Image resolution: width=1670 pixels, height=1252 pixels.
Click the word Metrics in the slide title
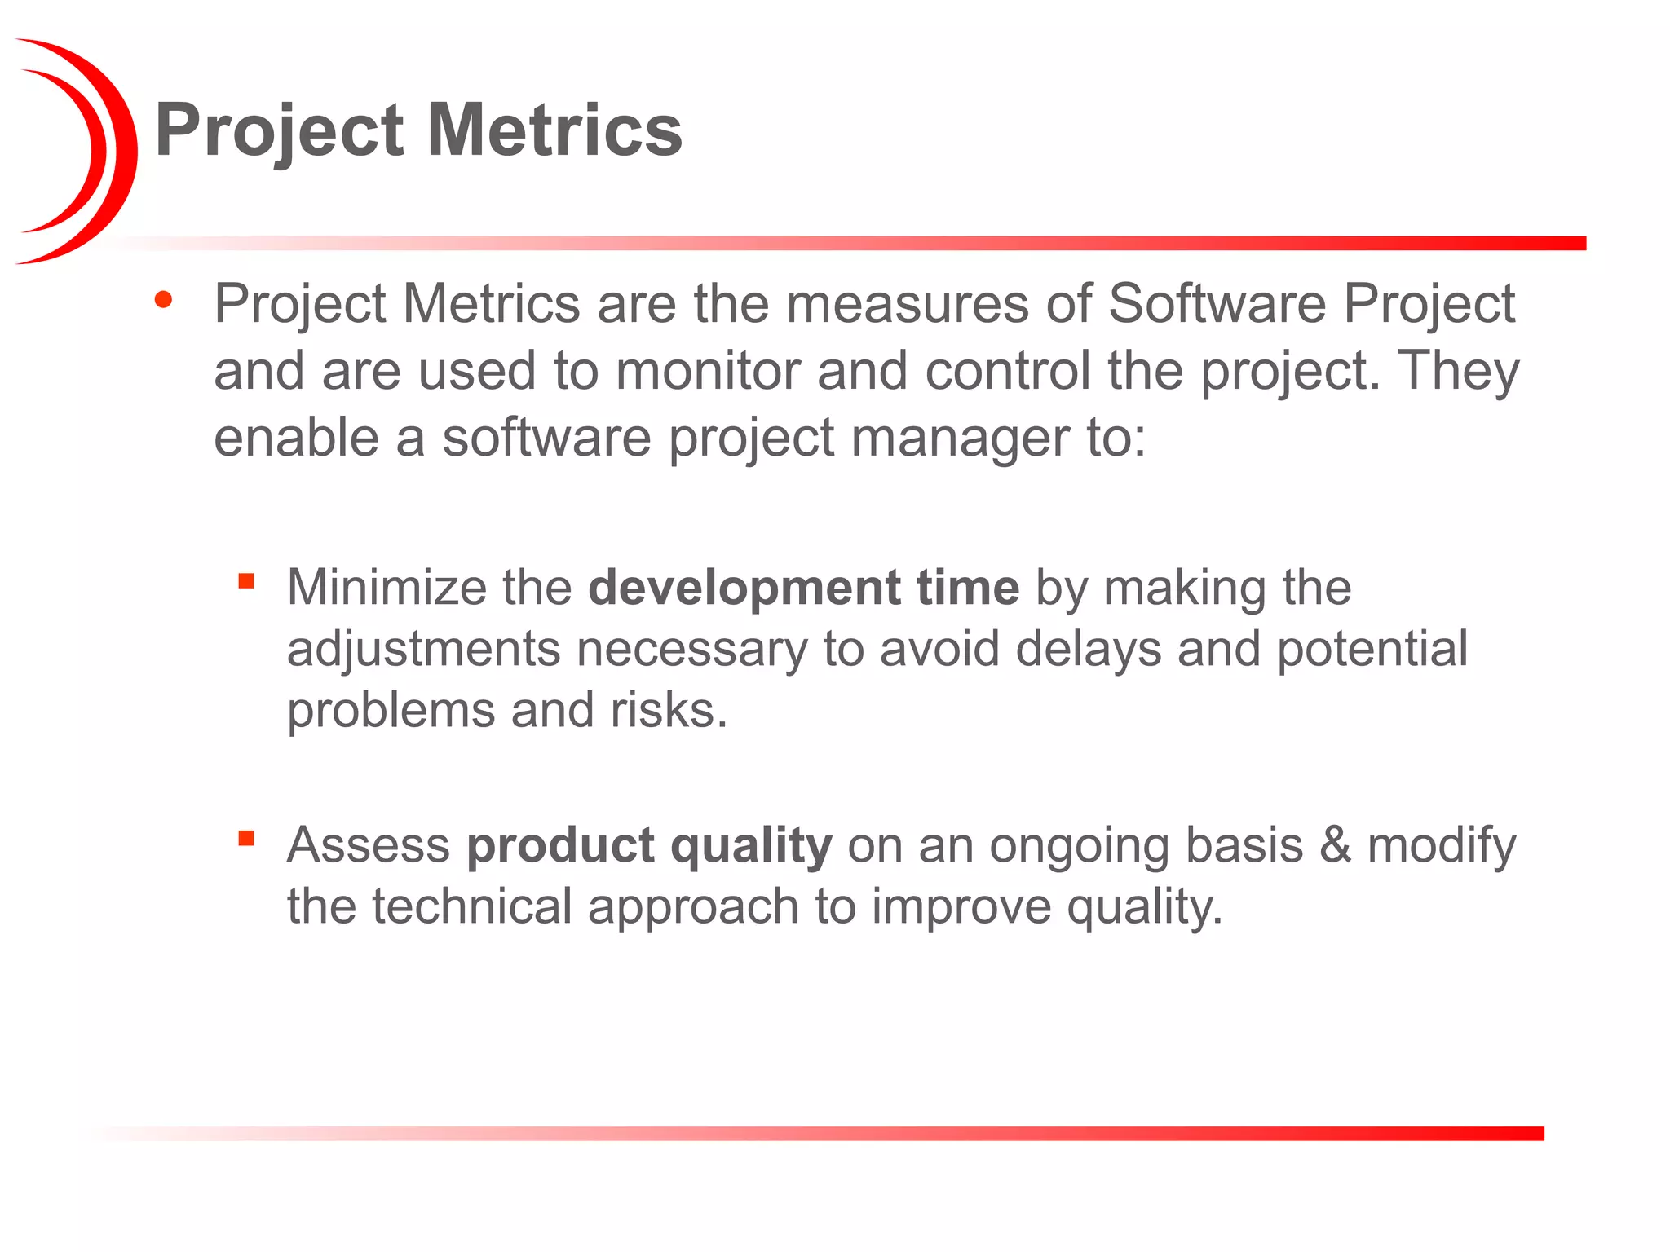[554, 130]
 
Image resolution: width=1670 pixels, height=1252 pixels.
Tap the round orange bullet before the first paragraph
[163, 300]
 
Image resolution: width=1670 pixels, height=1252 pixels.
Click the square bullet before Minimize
[246, 581]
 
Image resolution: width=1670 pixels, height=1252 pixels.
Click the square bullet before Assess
[246, 838]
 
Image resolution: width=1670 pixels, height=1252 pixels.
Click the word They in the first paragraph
[1459, 371]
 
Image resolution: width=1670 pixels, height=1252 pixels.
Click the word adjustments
[423, 650]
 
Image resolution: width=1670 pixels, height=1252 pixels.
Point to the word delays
[1089, 650]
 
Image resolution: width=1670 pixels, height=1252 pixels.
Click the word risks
[668, 711]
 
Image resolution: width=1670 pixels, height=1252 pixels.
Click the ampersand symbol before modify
[1335, 845]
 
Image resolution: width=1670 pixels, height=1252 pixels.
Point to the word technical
[472, 906]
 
